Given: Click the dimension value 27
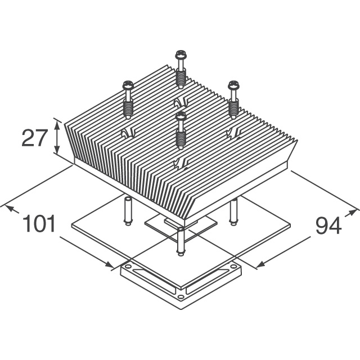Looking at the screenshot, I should (x=34, y=137).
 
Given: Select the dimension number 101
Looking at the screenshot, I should (x=39, y=224).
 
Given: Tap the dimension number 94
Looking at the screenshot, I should (x=328, y=226).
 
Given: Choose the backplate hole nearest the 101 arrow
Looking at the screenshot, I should (x=128, y=267).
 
